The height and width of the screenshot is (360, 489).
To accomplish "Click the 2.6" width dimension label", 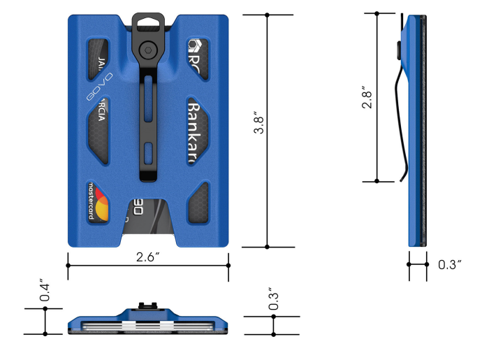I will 149,257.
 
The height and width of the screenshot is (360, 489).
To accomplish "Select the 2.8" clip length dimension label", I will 366,97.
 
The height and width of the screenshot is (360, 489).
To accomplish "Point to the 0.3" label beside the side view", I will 448,264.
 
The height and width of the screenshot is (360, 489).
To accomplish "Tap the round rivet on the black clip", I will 147,50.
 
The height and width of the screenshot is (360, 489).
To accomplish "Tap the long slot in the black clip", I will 147,106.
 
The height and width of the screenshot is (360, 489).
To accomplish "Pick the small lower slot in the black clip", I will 147,154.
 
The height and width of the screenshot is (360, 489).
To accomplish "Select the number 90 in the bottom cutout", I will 138,207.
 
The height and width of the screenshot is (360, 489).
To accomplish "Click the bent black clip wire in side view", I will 397,122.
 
